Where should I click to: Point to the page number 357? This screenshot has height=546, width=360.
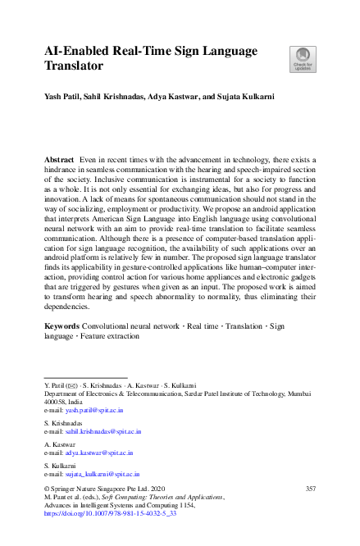310,489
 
